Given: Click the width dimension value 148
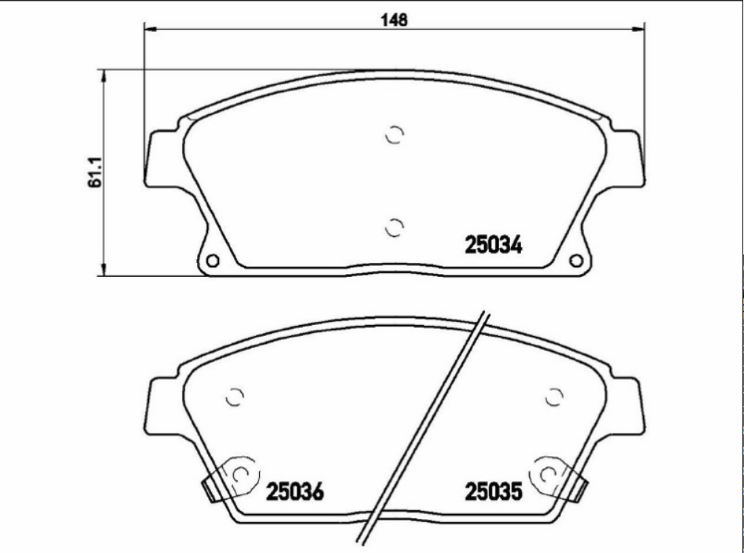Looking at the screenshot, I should (x=394, y=20).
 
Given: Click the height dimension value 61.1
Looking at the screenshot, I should (x=94, y=172).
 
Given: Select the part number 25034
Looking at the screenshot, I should (x=493, y=245).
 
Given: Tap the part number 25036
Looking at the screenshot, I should (x=295, y=491).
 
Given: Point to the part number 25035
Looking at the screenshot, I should (x=493, y=491).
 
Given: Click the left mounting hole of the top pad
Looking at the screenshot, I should (x=212, y=261).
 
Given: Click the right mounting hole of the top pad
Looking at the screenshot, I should (x=575, y=261).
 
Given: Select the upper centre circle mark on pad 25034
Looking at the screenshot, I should (x=395, y=135).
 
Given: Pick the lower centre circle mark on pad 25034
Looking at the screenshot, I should (x=395, y=227).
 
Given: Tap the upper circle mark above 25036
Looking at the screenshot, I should (x=235, y=398).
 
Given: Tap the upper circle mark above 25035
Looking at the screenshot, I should (x=553, y=398).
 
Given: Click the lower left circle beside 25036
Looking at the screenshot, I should (x=241, y=474).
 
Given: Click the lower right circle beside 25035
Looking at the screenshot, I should (x=549, y=474).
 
